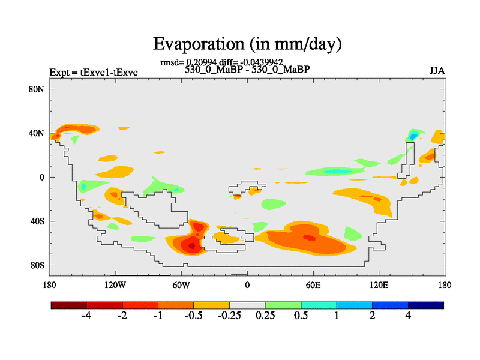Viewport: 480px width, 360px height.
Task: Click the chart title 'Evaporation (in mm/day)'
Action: pyautogui.click(x=247, y=44)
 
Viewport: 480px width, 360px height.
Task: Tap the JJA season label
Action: pyautogui.click(x=437, y=71)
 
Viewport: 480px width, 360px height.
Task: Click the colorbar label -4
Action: pyautogui.click(x=86, y=316)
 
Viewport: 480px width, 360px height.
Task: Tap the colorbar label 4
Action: pyautogui.click(x=408, y=316)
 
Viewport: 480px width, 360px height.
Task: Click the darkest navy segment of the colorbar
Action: pyautogui.click(x=426, y=305)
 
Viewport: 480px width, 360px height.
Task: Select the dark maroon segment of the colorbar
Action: pyautogui.click(x=69, y=305)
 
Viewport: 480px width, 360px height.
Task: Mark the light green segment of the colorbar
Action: pyautogui.click(x=283, y=305)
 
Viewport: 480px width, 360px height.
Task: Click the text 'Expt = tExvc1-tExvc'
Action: pyautogui.click(x=94, y=73)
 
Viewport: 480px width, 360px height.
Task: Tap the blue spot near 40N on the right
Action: pyautogui.click(x=413, y=136)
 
